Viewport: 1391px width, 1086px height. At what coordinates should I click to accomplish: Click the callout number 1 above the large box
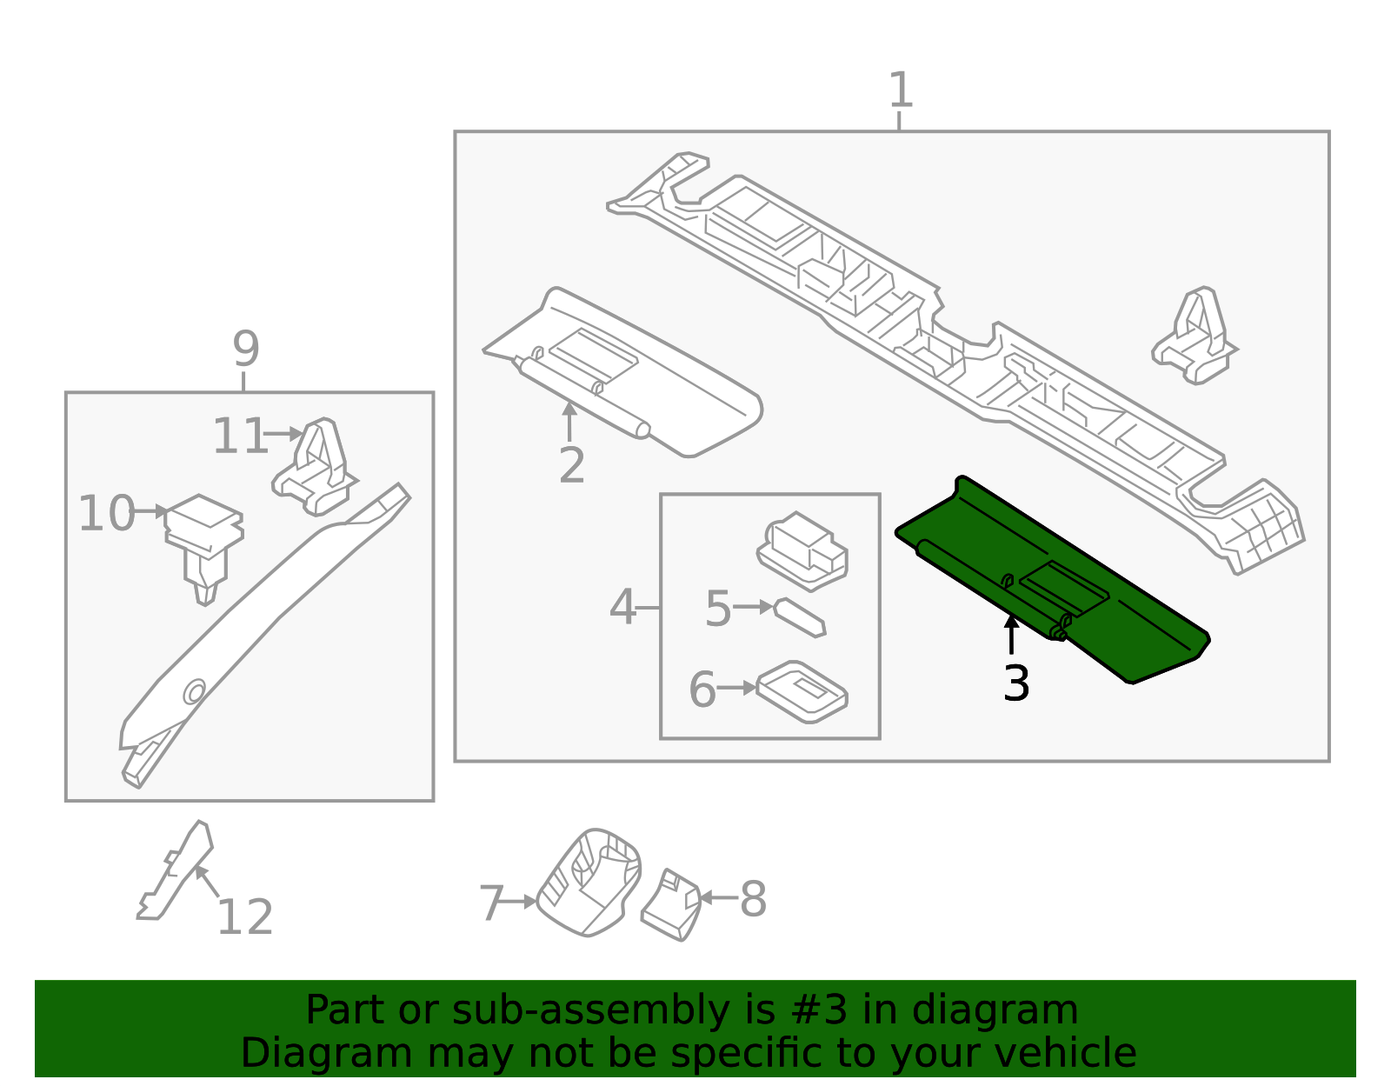point(901,90)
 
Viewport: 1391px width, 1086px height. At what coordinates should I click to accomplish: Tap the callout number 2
point(571,466)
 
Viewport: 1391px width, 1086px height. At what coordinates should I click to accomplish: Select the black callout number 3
point(1015,683)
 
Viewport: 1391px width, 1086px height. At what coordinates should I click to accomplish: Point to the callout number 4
point(622,607)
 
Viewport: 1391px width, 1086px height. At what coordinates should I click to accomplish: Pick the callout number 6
point(702,690)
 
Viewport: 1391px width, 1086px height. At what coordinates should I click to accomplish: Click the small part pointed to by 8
point(671,904)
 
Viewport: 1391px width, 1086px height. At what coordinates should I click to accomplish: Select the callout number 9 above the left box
point(246,349)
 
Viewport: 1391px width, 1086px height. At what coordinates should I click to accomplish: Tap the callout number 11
point(240,436)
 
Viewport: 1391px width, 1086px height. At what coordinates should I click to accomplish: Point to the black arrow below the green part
point(1011,634)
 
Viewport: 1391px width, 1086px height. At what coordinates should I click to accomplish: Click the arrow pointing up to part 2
point(569,421)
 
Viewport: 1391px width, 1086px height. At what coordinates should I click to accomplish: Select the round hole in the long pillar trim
point(194,692)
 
